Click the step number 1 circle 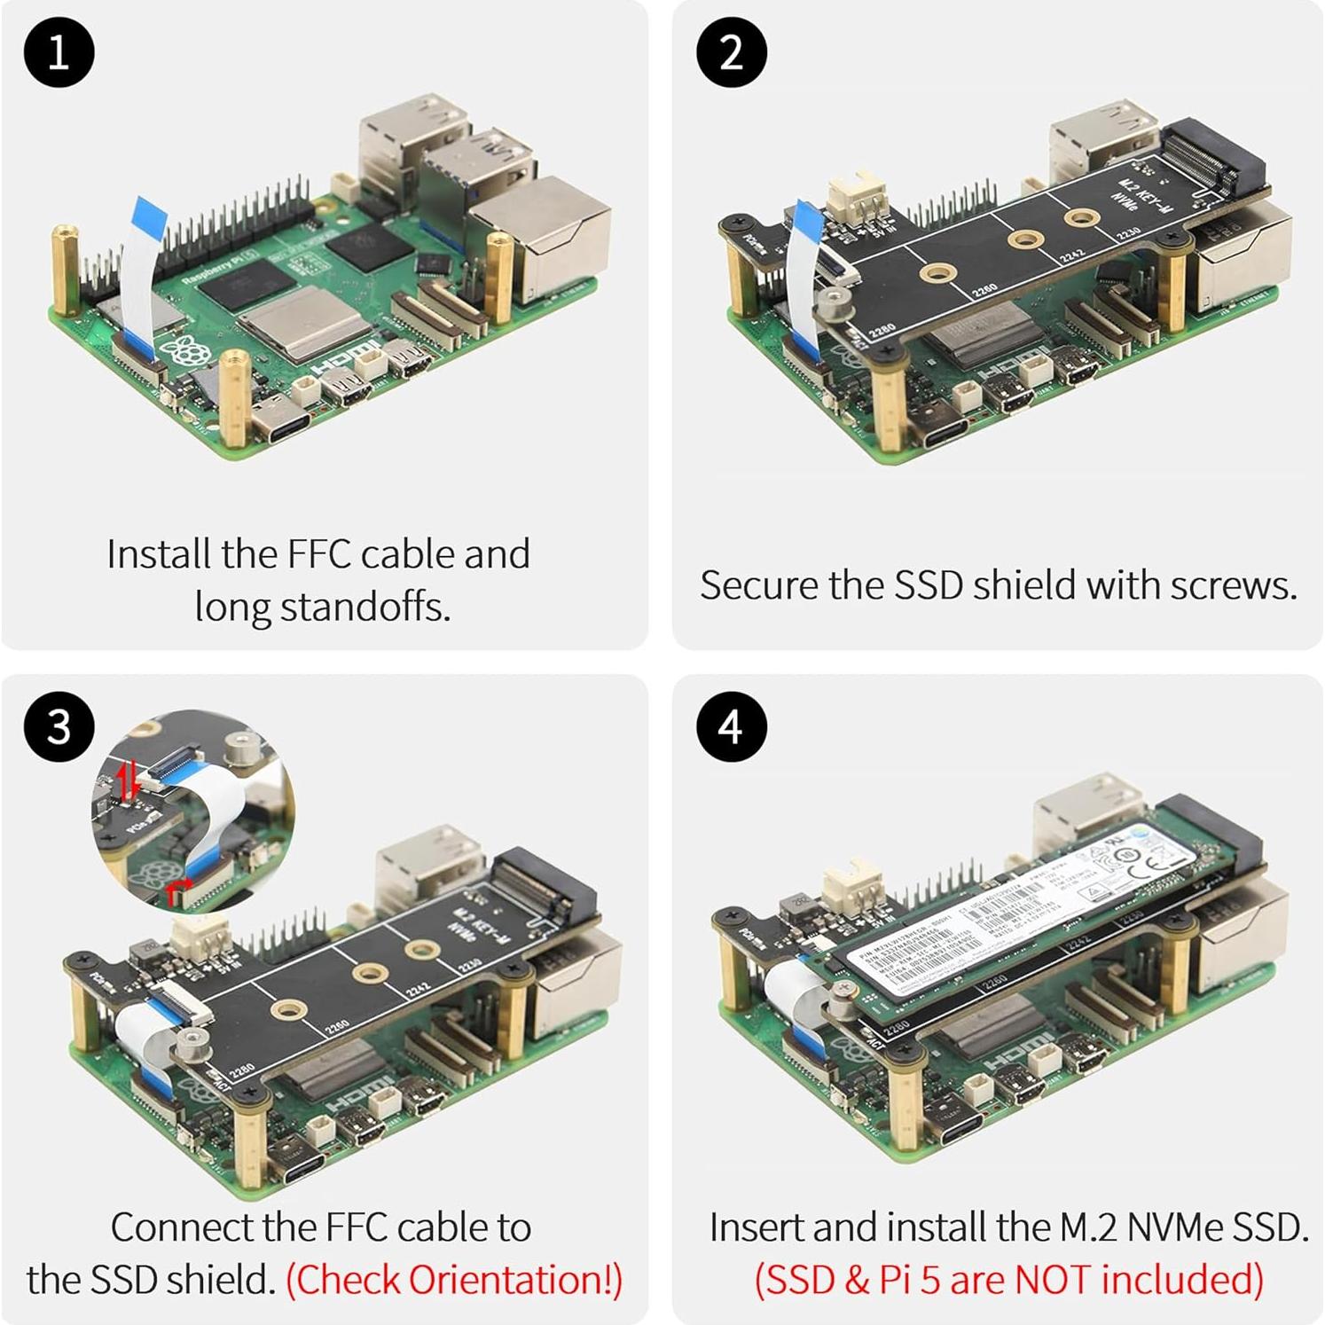point(59,52)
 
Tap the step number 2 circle point(731,52)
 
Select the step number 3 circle point(59,726)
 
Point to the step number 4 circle point(731,726)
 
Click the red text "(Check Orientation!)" point(454,1280)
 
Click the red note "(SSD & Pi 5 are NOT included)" point(1008,1280)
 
